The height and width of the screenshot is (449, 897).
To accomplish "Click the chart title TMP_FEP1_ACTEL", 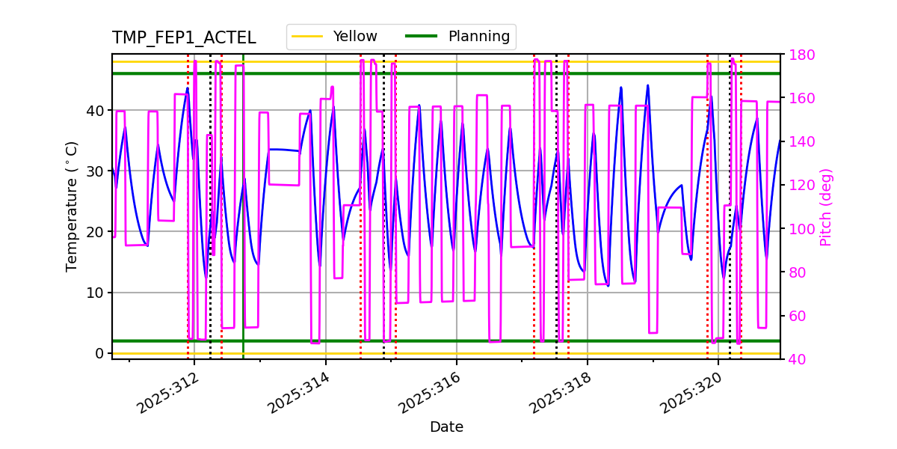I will pyautogui.click(x=184, y=38).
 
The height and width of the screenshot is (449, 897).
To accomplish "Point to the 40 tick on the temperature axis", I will pyautogui.click(x=95, y=111).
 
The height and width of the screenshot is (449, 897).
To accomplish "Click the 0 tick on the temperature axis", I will pyautogui.click(x=99, y=353).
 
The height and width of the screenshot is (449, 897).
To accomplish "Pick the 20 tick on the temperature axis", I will pyautogui.click(x=95, y=232).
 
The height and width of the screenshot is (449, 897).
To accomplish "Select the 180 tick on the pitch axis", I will pyautogui.click(x=801, y=55).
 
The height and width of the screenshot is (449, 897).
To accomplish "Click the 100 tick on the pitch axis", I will pyautogui.click(x=801, y=229).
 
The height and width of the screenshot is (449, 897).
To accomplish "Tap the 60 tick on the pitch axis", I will pyautogui.click(x=797, y=316).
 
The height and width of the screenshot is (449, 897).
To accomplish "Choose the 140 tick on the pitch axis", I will pyautogui.click(x=801, y=142).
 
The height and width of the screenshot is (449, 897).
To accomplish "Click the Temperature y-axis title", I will pyautogui.click(x=72, y=206).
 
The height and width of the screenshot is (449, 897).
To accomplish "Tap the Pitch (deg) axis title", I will pyautogui.click(x=826, y=207).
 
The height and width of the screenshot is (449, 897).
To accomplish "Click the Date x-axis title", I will pyautogui.click(x=446, y=427).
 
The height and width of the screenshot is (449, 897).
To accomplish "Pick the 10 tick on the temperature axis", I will pyautogui.click(x=95, y=293).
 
